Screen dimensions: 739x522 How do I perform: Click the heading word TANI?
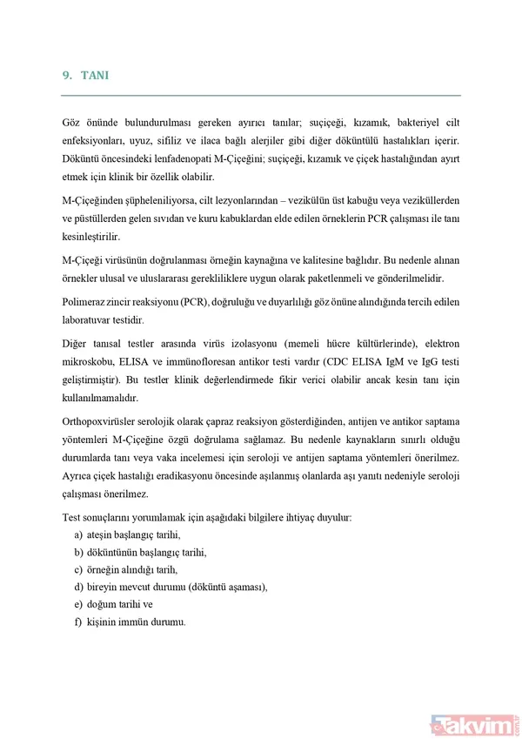tap(94, 77)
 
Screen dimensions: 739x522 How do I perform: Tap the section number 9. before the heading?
tap(67, 77)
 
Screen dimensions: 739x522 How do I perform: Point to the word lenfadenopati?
tap(225, 158)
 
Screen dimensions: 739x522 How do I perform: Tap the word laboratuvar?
tap(89, 319)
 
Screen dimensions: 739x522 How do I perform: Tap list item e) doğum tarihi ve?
tap(113, 604)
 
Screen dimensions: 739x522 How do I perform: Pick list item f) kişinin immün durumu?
tap(130, 621)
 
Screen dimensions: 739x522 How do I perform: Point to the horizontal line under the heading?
tap(261, 95)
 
